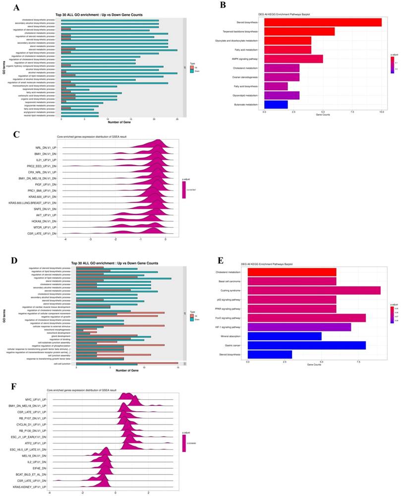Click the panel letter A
tap(17, 8)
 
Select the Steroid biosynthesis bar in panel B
tap(323, 22)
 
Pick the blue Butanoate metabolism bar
tap(276, 105)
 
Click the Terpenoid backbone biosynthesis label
tap(241, 32)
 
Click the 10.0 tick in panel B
tap(382, 113)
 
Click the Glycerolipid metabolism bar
tap(282, 96)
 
